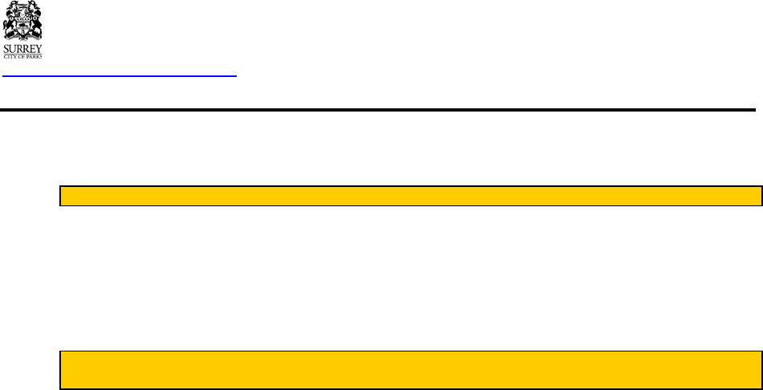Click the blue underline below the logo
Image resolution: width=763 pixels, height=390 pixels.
tap(120, 76)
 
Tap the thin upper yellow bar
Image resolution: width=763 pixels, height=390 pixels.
tap(411, 197)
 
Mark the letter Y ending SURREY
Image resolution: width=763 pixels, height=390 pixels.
tap(39, 49)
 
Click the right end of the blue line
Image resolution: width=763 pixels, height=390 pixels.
tap(237, 76)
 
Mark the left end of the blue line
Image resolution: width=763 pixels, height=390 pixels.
tap(4, 76)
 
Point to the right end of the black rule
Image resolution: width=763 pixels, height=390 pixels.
tap(754, 109)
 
